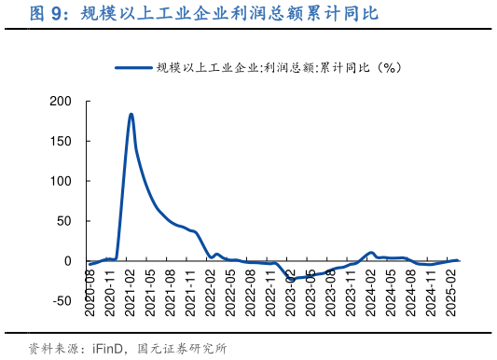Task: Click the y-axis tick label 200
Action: (61, 101)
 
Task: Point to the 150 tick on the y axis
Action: (61, 141)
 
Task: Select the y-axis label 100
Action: (61, 181)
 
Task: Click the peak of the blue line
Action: (131, 114)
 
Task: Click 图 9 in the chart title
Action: (47, 13)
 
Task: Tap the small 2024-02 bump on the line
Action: (371, 252)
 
